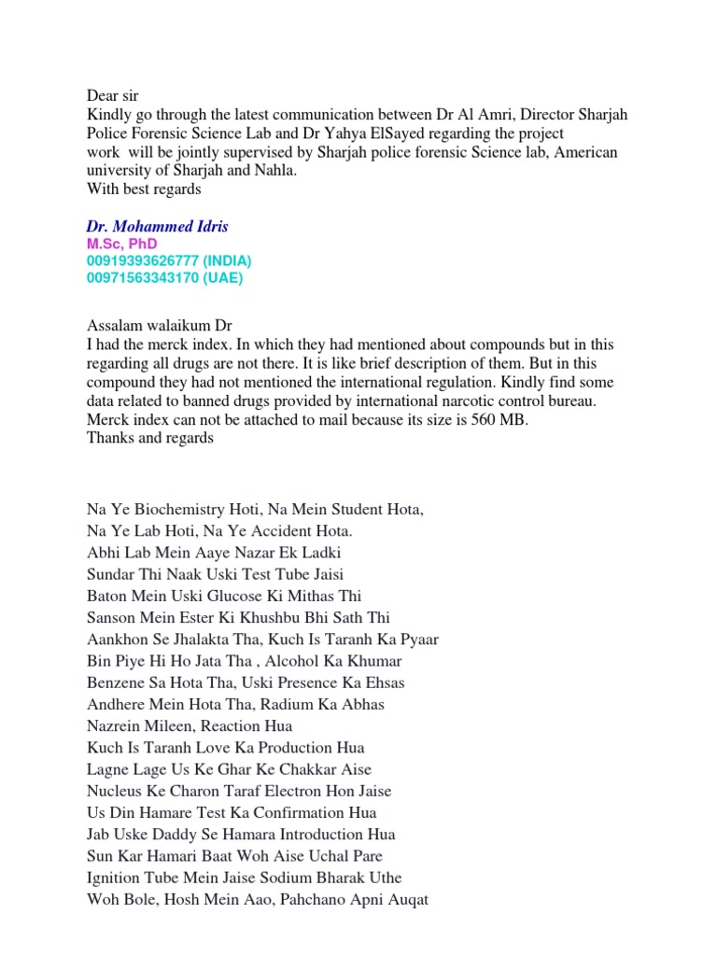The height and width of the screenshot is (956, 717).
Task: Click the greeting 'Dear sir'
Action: coord(112,94)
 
